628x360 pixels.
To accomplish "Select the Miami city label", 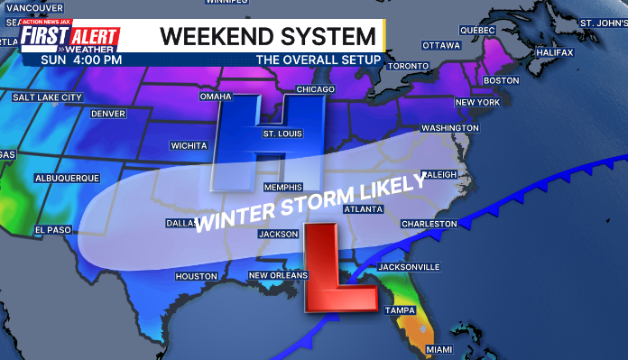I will pyautogui.click(x=439, y=349).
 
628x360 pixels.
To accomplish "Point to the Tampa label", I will pyautogui.click(x=399, y=310).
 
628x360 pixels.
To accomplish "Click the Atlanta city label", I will pyautogui.click(x=364, y=208).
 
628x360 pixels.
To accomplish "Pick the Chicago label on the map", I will pyautogui.click(x=315, y=89).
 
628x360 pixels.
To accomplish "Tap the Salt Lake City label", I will pyautogui.click(x=47, y=97).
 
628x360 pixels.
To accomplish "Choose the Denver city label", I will pyautogui.click(x=108, y=114).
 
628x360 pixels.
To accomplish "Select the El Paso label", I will pyautogui.click(x=52, y=230).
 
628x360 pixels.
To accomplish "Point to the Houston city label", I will pyautogui.click(x=196, y=276).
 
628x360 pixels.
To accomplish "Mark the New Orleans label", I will pyautogui.click(x=278, y=275).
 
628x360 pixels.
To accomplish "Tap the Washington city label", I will pyautogui.click(x=449, y=128).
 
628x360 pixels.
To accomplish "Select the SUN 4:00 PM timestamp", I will pyautogui.click(x=82, y=60).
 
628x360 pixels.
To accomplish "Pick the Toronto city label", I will pyautogui.click(x=408, y=67).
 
